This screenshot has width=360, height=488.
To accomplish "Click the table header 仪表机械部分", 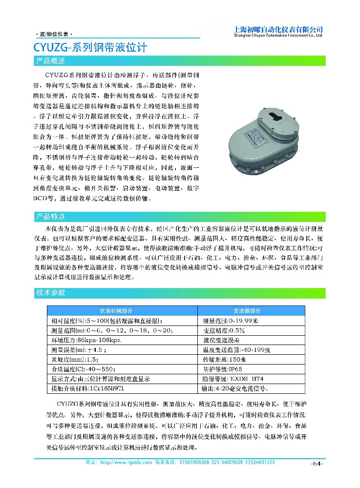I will [x=123, y=310].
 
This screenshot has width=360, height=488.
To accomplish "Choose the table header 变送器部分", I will [x=251, y=310].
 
